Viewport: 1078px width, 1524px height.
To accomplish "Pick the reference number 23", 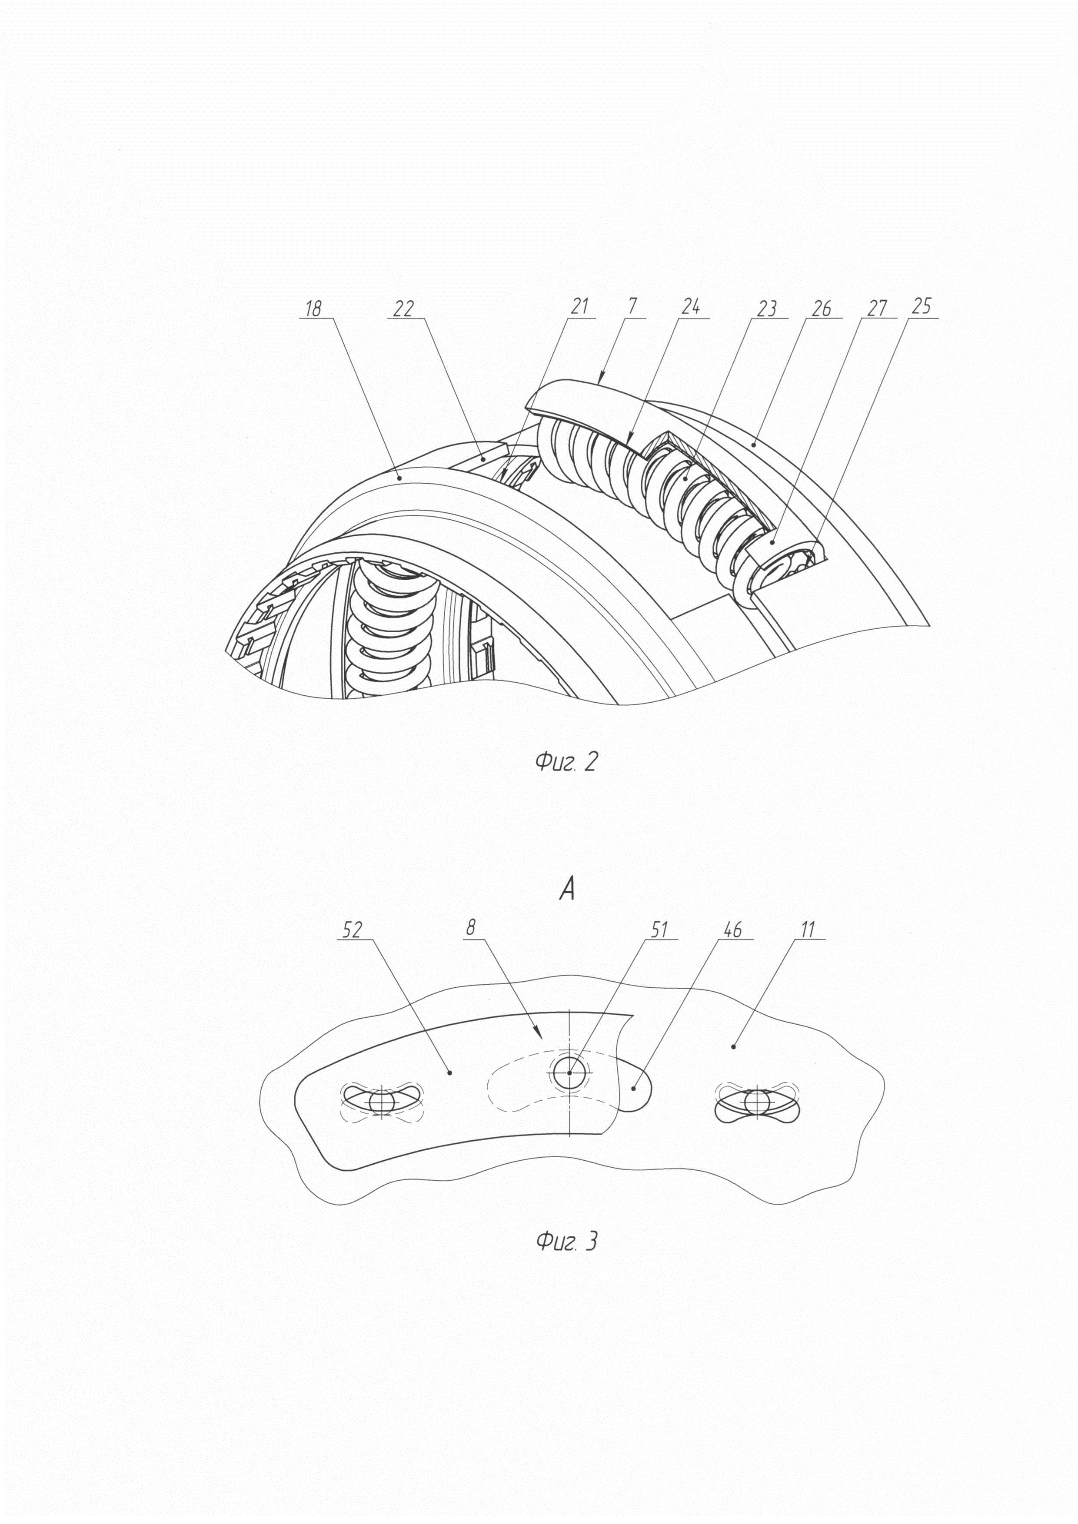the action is coord(767,308).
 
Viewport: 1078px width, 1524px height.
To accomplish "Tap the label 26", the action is coord(821,308).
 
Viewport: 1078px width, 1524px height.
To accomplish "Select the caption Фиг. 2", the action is coord(566,762).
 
